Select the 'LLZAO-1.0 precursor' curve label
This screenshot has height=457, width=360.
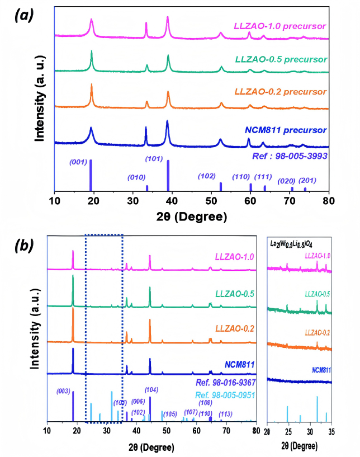point(280,26)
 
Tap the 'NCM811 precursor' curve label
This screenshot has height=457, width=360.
point(286,130)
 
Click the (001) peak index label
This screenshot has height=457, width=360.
point(78,163)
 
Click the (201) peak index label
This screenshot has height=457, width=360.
point(307,180)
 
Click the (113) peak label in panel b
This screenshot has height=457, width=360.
point(225,414)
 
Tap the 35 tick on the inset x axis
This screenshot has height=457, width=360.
point(331,432)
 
